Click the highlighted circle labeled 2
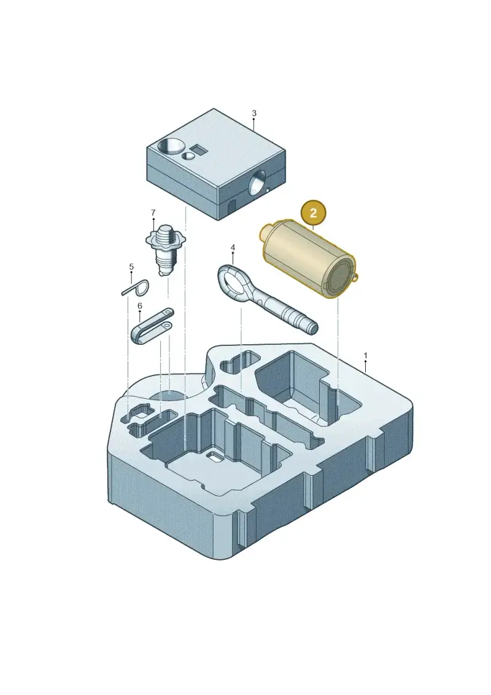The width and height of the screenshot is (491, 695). click(313, 213)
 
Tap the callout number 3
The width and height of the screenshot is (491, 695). click(253, 113)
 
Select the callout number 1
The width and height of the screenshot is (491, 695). click(365, 355)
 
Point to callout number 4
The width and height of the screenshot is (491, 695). click(233, 247)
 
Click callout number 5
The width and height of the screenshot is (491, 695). click(131, 267)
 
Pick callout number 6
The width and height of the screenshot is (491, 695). click(140, 306)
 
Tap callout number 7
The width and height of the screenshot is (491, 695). click(153, 213)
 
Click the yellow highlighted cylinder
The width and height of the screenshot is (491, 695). click(309, 259)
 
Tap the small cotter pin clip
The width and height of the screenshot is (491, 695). click(136, 288)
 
